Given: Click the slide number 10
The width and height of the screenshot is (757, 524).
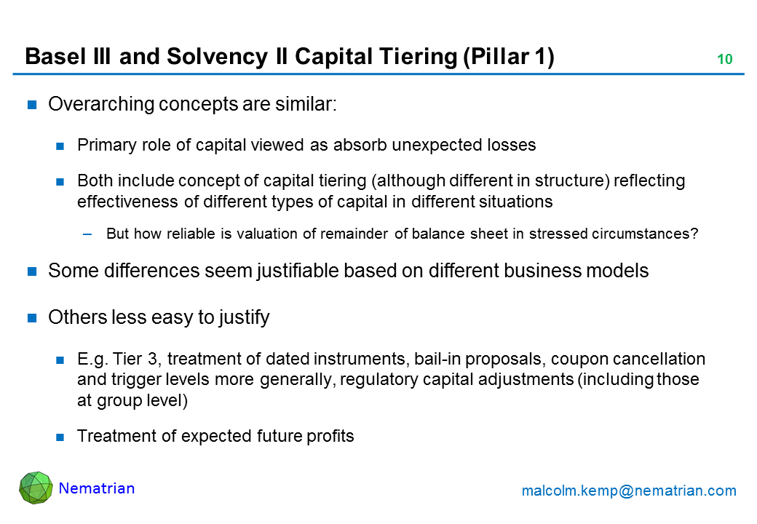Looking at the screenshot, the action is click(x=725, y=60).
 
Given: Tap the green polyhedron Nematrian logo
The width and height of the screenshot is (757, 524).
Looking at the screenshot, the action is click(x=36, y=488).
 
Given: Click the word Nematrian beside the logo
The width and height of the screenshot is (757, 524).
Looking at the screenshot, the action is click(x=97, y=488).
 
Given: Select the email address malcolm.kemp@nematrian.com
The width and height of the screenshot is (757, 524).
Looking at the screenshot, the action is click(x=629, y=491).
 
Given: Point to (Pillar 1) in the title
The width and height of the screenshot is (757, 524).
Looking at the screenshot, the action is click(x=508, y=57).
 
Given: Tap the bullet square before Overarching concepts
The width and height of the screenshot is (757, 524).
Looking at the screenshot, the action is click(x=32, y=105).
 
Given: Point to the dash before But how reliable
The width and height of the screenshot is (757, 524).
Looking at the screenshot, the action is click(x=87, y=234).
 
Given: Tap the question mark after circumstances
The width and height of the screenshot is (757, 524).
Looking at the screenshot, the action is click(x=694, y=234).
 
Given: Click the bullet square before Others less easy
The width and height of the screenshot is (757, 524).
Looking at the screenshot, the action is click(x=32, y=317).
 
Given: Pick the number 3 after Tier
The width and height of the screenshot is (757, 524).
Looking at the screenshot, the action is click(x=153, y=359).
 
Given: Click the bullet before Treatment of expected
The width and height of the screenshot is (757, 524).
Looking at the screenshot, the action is click(x=60, y=437).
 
